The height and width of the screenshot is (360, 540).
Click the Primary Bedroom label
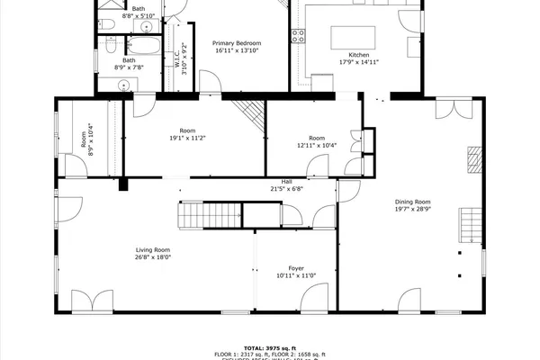(237, 43)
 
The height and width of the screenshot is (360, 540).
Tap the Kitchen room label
(354, 56)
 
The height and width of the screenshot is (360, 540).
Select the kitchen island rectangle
(352, 37)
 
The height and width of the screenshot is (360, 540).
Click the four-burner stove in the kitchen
(297, 36)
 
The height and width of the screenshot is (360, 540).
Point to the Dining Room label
(413, 202)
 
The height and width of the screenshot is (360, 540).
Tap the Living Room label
(153, 250)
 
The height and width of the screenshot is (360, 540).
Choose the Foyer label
(296, 268)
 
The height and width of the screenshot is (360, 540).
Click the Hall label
(287, 181)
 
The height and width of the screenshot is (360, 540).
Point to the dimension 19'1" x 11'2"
(187, 138)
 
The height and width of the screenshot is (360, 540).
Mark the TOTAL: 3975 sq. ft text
(269, 346)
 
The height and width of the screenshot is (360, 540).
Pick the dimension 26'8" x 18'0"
(153, 257)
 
